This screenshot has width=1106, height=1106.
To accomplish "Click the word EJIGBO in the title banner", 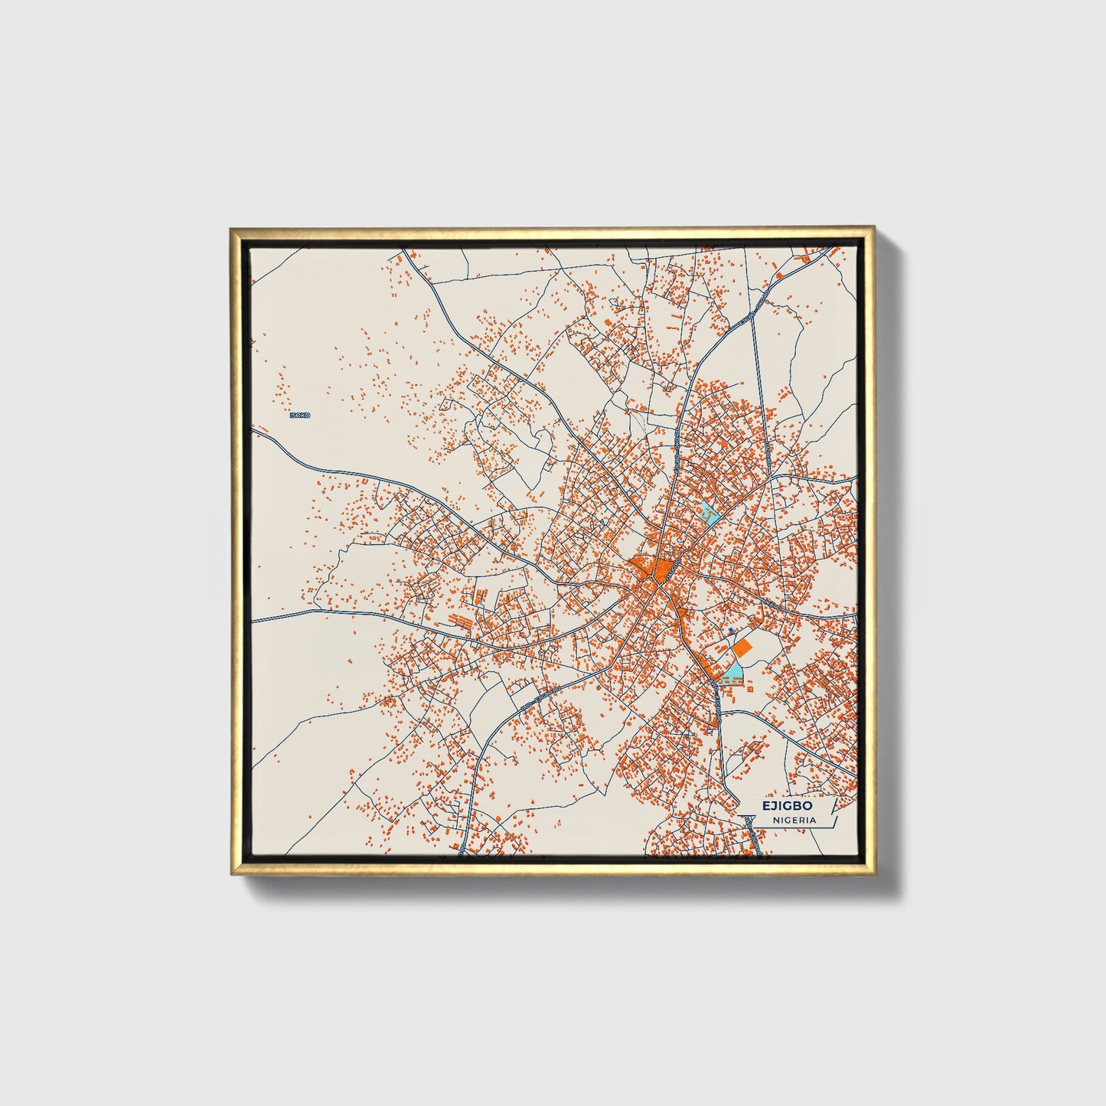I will point(787,806).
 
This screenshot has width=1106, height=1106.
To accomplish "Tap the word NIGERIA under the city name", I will point(794,820).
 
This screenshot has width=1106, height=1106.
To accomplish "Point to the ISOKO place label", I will point(300,415).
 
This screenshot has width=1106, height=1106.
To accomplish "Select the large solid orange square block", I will point(742,648).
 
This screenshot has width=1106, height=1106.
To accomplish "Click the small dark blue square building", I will point(730,629).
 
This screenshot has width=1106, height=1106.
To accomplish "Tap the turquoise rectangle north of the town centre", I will point(710,514).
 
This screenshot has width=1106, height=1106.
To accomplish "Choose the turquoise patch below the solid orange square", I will point(733,673).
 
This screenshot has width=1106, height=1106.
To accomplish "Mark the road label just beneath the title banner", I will point(754,834).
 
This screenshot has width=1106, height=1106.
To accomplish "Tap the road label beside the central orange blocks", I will point(670,569).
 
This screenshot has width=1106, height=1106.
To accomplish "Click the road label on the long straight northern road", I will point(677,440).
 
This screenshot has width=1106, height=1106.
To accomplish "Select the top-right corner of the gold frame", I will point(873,227).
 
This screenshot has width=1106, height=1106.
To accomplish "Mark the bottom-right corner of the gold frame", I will point(873,875).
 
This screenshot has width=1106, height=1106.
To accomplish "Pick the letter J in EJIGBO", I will point(773,806).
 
